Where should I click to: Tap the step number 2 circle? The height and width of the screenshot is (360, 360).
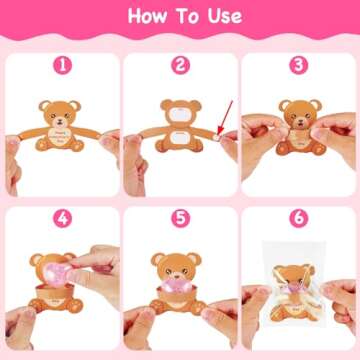click(x=180, y=65)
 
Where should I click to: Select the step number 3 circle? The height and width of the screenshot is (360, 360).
click(x=298, y=65)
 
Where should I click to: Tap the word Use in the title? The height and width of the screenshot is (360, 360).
click(x=222, y=18)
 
